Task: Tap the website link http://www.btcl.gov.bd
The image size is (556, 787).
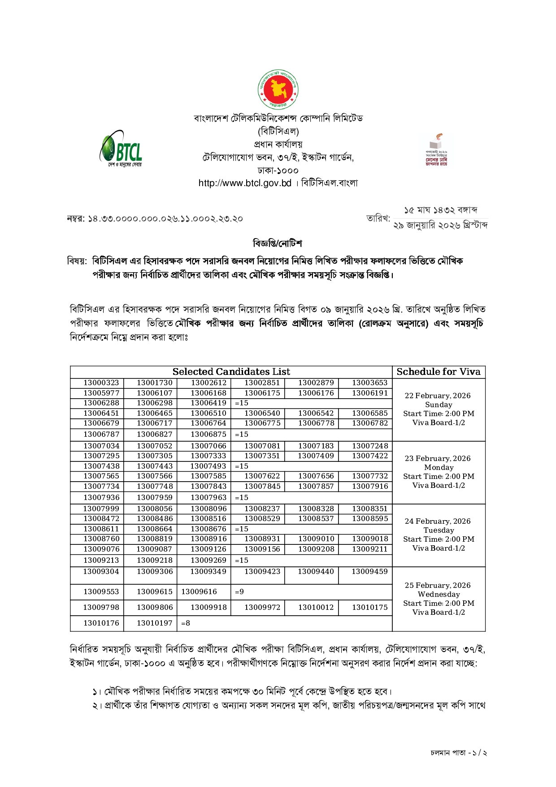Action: tap(245, 183)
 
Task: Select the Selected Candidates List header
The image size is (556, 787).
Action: tap(231, 372)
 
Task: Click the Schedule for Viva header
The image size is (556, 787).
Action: tap(438, 372)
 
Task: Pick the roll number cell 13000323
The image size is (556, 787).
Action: tap(101, 383)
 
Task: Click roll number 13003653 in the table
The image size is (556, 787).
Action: tap(369, 383)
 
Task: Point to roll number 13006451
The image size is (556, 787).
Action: tap(101, 413)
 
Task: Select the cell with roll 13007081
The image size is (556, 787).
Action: tap(262, 446)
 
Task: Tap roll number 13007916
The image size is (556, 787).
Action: tap(369, 486)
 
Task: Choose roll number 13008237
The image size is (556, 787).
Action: tap(262, 509)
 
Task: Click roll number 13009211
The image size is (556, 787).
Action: tap(369, 549)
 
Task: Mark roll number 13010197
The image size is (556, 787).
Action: tap(155, 623)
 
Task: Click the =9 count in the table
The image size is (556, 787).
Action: tap(239, 592)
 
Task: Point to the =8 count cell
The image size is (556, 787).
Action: tap(186, 623)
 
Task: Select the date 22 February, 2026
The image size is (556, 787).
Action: tap(438, 396)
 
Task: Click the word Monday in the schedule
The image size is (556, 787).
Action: tap(439, 467)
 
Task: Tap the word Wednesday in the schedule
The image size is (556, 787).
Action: tap(439, 594)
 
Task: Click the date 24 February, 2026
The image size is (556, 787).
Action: tap(438, 521)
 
